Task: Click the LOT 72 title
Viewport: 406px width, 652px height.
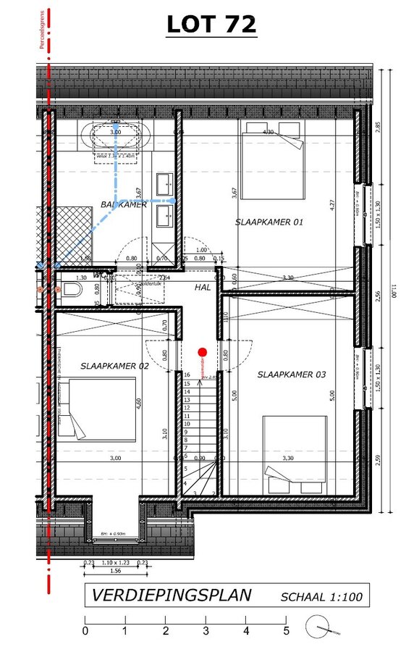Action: [x=211, y=24]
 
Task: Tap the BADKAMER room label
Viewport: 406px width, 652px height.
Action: [x=124, y=204]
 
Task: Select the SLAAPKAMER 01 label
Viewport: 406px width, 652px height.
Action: [x=268, y=222]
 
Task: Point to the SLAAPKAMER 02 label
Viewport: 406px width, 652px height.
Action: [x=114, y=366]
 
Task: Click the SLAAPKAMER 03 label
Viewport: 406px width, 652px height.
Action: [x=292, y=375]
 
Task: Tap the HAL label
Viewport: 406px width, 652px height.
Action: [x=202, y=288]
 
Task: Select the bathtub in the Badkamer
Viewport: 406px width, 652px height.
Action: [x=116, y=135]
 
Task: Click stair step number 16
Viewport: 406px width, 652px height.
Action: [x=187, y=375]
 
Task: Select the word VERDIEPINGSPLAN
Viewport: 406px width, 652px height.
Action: [x=171, y=595]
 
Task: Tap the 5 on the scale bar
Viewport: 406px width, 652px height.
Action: [x=287, y=631]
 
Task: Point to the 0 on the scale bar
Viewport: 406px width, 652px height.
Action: [x=85, y=631]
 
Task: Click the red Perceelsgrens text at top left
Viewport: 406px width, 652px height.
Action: [x=43, y=29]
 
